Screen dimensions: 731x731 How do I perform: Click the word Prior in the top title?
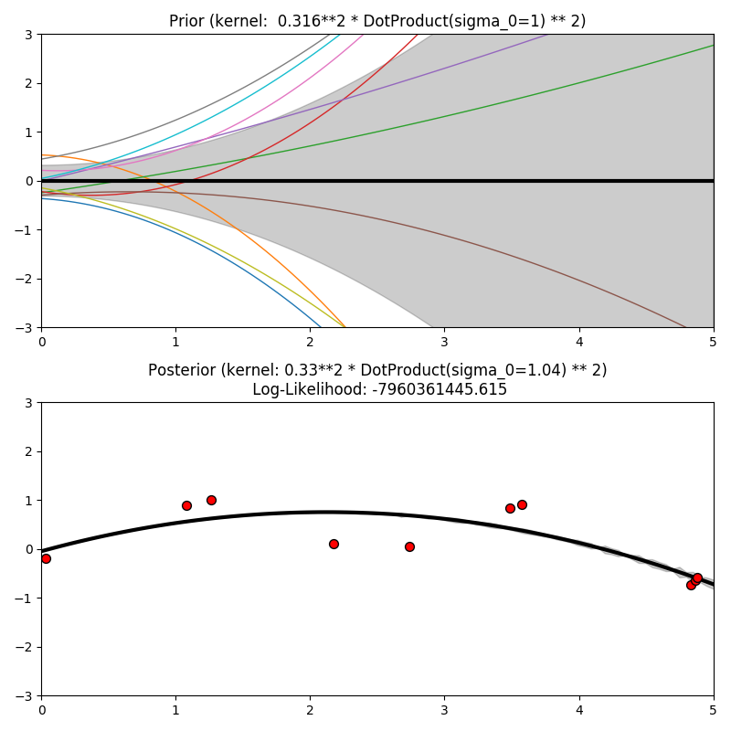coord(186,21)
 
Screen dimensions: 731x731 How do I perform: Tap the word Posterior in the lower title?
coord(182,370)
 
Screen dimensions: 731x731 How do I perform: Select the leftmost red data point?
coord(46,558)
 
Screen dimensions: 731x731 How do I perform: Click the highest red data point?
coord(211,500)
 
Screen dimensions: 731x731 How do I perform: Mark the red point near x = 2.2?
coord(334,544)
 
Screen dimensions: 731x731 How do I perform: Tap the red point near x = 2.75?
coord(409,546)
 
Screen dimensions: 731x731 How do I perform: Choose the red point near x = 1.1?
coord(186,505)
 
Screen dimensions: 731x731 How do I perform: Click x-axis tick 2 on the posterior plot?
coord(310,709)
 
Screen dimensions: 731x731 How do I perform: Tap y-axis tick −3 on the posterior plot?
coord(26,696)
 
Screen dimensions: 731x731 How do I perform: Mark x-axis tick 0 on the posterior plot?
coord(41,709)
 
